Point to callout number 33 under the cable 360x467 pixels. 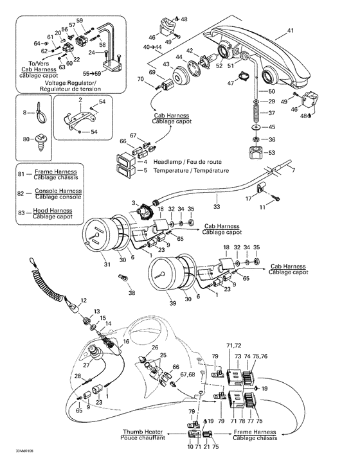point(217,207)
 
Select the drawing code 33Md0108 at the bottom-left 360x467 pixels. point(18,459)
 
